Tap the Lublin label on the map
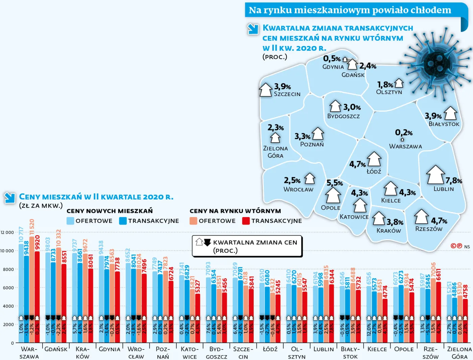point(444,189)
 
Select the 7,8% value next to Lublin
point(453,181)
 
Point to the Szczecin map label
point(287,94)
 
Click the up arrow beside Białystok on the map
point(450,113)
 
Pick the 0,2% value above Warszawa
point(404,133)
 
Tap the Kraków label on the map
point(389,231)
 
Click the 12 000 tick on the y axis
point(7,233)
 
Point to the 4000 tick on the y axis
point(8,306)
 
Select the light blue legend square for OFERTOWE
point(70,221)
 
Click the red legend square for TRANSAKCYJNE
point(246,221)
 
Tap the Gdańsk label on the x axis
point(56,349)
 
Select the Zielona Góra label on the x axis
point(459,353)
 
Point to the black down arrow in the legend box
point(207,242)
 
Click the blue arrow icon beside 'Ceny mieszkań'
point(10,198)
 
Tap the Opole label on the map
point(330,208)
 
